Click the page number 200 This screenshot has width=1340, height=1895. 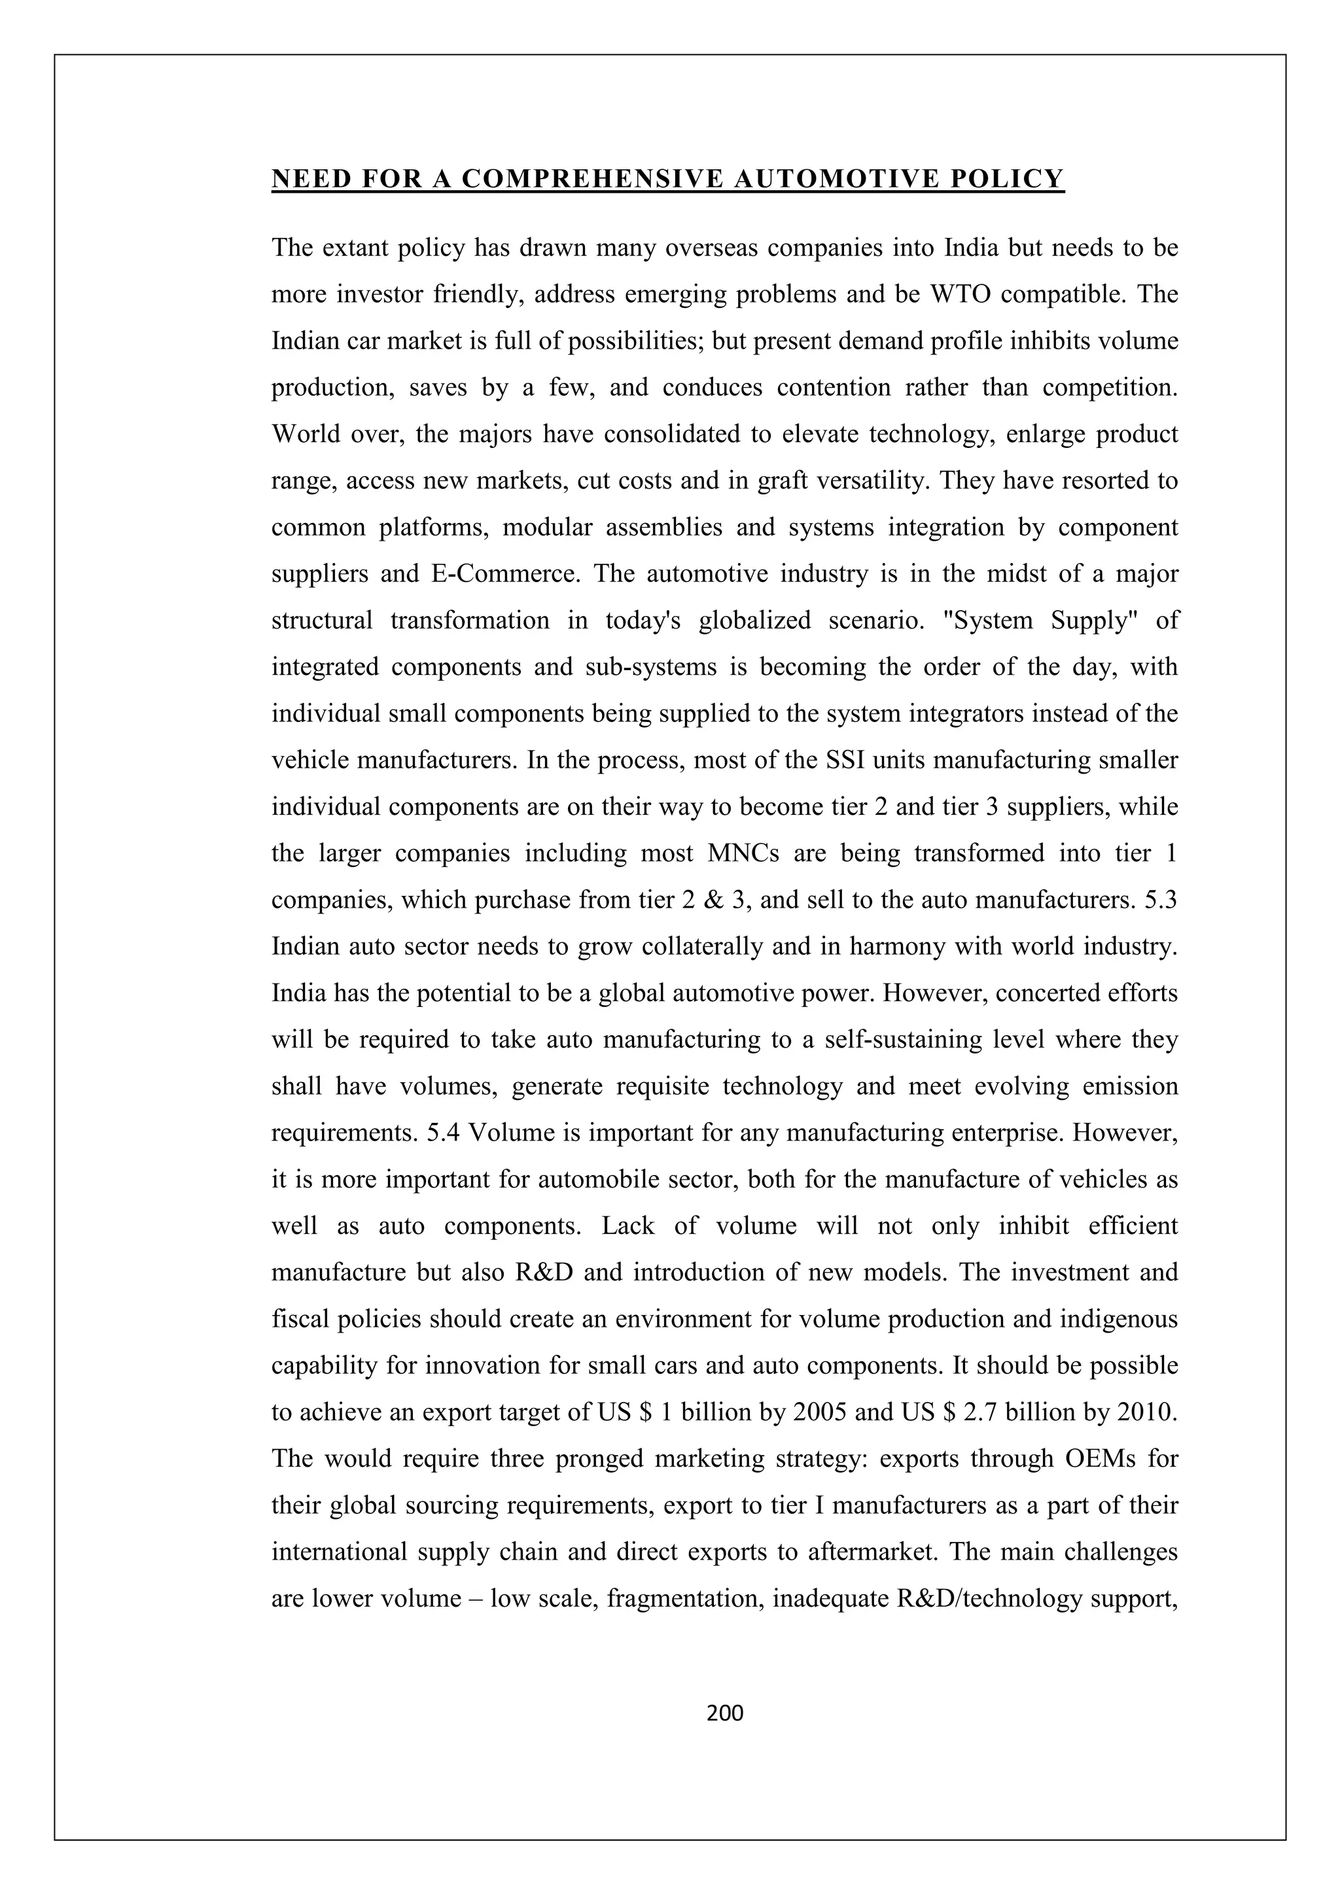[x=726, y=1713]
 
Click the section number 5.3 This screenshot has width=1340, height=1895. [x=1161, y=899]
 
